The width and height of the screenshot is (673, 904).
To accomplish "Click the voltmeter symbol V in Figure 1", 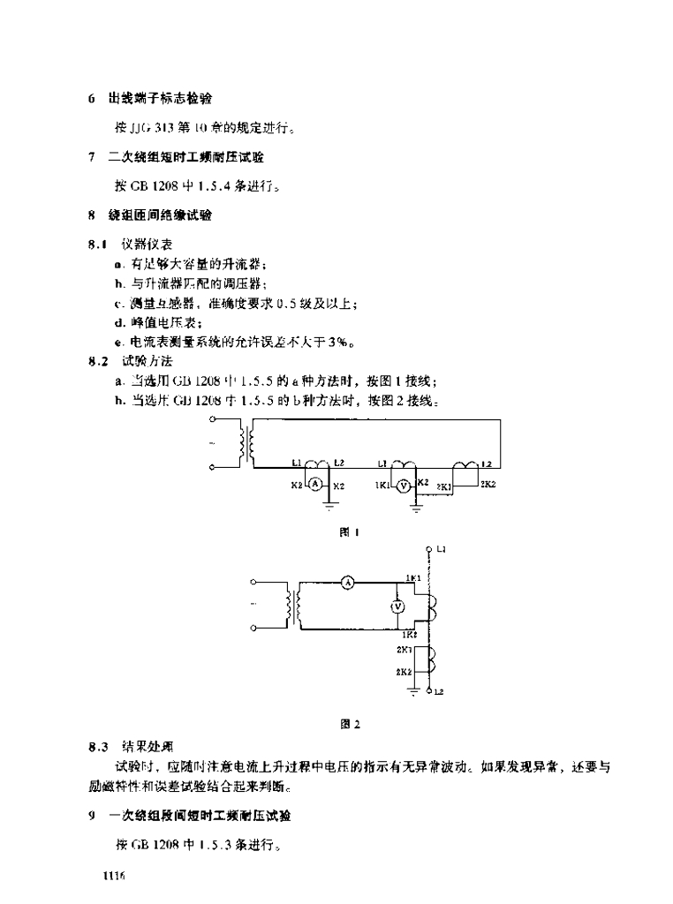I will coord(404,485).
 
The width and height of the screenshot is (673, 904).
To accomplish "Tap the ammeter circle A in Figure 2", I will coord(348,583).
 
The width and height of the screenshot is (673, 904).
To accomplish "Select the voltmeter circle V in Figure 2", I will coord(397,605).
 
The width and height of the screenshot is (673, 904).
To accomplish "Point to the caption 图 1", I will coord(346,531).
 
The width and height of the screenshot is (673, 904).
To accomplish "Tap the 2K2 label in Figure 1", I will coord(488,485).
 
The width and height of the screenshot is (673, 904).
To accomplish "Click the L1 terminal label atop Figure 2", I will coord(441,549).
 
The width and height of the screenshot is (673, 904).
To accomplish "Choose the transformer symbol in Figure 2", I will coord(291,605).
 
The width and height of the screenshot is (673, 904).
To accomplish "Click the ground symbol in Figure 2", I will coord(413,693).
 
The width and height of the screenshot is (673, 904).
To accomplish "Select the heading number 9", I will coord(92,817).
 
